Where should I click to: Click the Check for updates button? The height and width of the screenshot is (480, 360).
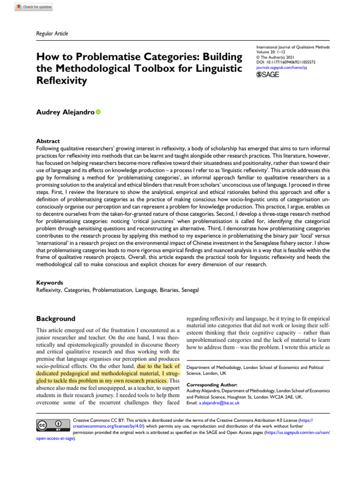(x=34, y=7)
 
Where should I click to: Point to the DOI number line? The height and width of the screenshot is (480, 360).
(x=286, y=62)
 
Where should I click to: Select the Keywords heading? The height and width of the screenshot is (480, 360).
(x=49, y=283)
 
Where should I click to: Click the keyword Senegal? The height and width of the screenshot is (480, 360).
(x=188, y=290)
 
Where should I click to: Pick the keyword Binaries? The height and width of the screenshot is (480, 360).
(x=164, y=290)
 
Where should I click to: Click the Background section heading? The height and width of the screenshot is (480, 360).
(x=56, y=319)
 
